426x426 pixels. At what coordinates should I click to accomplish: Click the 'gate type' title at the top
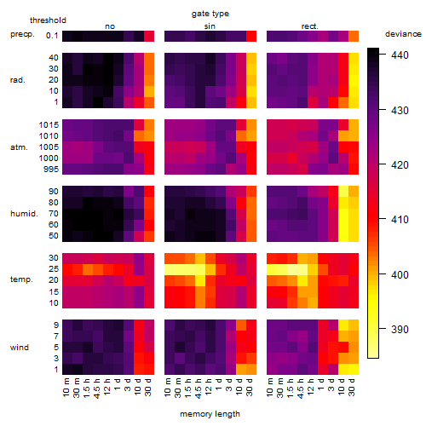pos(210,14)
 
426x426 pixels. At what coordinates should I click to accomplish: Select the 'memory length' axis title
pos(210,414)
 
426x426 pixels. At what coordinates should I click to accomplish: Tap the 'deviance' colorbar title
pos(403,34)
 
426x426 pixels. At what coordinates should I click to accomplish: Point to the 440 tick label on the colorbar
pos(400,55)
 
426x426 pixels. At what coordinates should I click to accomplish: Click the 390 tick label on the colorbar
pos(400,329)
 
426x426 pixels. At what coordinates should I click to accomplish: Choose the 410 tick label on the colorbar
pos(400,219)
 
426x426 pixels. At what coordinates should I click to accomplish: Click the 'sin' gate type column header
pos(210,26)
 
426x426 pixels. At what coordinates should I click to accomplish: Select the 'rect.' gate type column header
pos(309,26)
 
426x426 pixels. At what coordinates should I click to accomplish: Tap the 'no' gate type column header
pos(110,26)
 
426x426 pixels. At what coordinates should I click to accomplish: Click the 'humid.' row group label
pos(24,214)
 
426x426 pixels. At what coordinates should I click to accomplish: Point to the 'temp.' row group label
pos(21,279)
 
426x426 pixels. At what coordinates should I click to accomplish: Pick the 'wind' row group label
pos(20,348)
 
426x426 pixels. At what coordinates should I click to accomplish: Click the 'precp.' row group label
pos(22,34)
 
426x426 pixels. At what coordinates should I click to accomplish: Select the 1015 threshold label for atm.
pos(49,125)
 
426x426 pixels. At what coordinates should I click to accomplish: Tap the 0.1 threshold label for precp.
pos(52,36)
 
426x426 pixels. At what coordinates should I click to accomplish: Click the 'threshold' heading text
pos(48,20)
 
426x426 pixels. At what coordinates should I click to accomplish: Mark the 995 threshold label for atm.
pos(51,170)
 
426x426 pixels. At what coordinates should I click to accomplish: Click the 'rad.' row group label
pos(18,80)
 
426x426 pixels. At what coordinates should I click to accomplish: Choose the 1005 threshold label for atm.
pos(49,147)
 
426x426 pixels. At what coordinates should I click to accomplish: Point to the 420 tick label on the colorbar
pos(400,164)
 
